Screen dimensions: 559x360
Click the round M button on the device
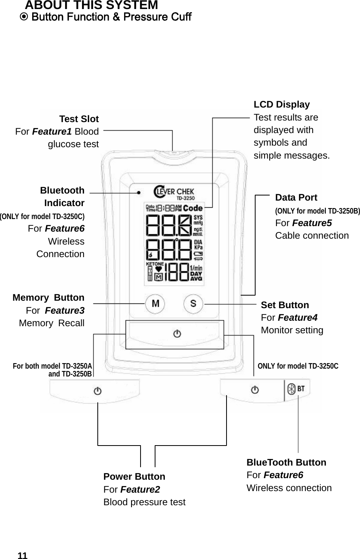pyautogui.click(x=155, y=303)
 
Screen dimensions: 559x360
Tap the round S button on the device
pyautogui.click(x=193, y=303)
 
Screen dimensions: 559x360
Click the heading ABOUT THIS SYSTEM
pyautogui.click(x=91, y=5)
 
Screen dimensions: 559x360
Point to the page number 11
pyautogui.click(x=23, y=555)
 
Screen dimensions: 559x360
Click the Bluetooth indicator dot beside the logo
pyautogui.click(x=139, y=192)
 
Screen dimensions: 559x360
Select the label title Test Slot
pyautogui.click(x=79, y=119)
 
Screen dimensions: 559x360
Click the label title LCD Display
pyautogui.click(x=281, y=105)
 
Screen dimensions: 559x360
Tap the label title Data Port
pyautogui.click(x=296, y=197)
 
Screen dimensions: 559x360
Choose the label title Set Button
pyautogui.click(x=285, y=305)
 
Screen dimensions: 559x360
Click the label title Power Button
pyautogui.click(x=134, y=477)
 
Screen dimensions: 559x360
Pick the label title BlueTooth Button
pyautogui.click(x=286, y=462)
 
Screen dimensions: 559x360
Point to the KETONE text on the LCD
pyautogui.click(x=155, y=264)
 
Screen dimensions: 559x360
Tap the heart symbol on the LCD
pyautogui.click(x=159, y=269)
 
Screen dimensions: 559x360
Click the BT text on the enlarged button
pyautogui.click(x=301, y=389)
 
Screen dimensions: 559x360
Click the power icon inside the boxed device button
pyautogui.click(x=177, y=334)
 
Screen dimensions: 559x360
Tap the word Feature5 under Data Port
pyautogui.click(x=312, y=223)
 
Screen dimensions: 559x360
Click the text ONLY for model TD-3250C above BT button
pyautogui.click(x=298, y=366)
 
